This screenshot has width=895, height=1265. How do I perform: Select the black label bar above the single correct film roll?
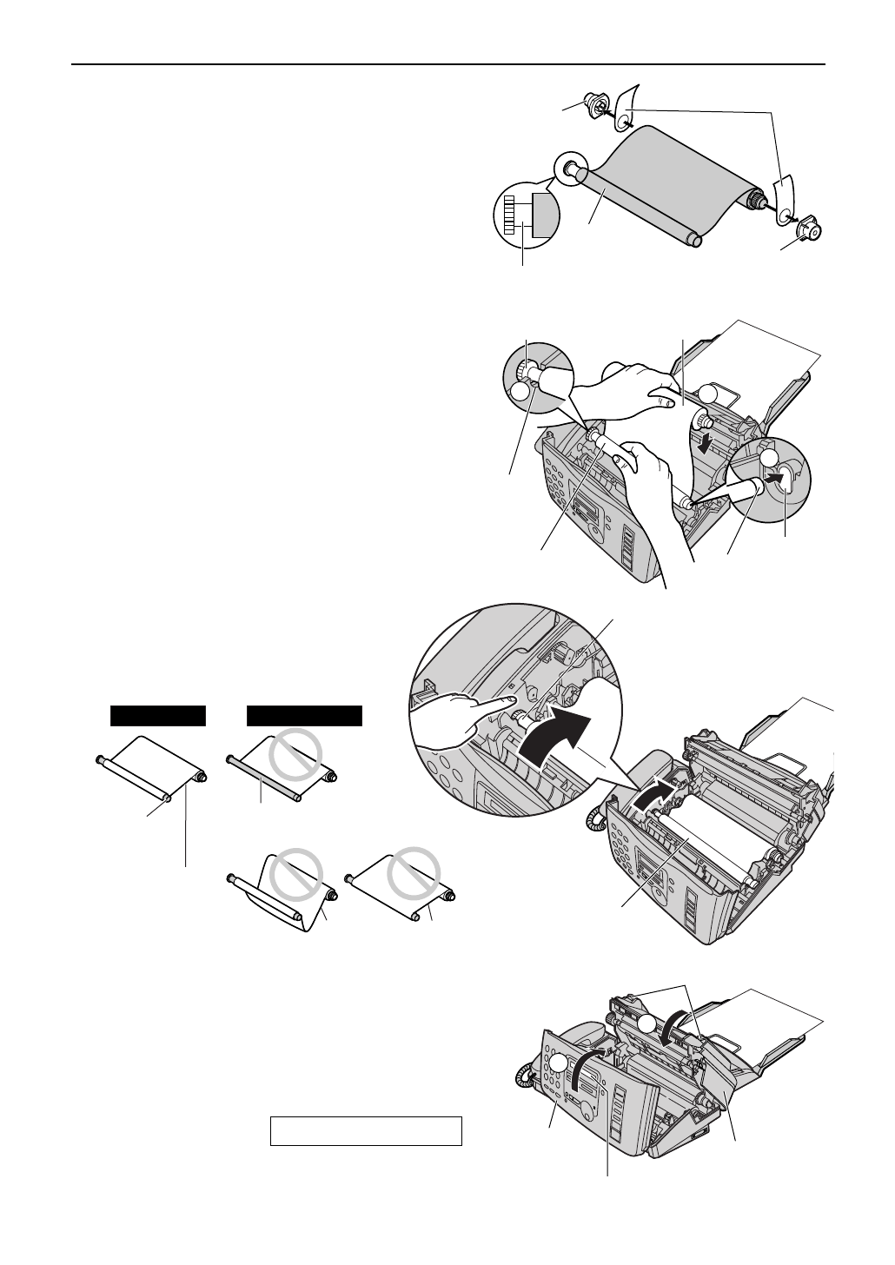[x=158, y=715]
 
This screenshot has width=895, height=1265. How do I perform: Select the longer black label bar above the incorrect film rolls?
[x=305, y=715]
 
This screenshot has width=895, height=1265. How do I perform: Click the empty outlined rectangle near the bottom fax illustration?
[x=365, y=1131]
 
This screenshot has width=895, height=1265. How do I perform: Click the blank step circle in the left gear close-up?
[x=519, y=393]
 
